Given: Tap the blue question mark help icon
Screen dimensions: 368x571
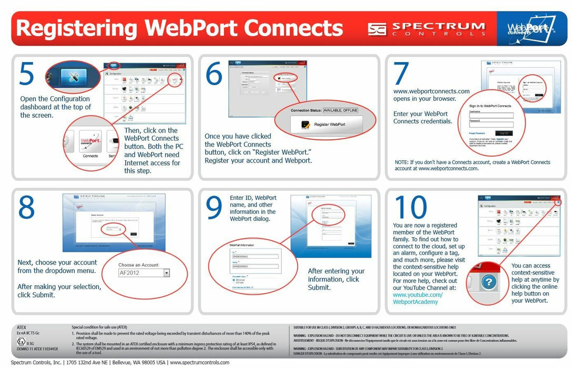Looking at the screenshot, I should point(489,283).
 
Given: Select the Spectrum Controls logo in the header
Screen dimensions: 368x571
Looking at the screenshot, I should point(426,28).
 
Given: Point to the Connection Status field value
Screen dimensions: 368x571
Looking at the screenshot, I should point(348,110).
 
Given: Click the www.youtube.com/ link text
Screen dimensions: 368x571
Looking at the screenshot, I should point(418,295).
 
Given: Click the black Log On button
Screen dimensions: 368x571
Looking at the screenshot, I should point(504,134).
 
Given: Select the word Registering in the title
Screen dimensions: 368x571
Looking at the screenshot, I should point(76,28).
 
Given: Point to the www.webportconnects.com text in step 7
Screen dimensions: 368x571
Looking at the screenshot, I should point(432,91).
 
